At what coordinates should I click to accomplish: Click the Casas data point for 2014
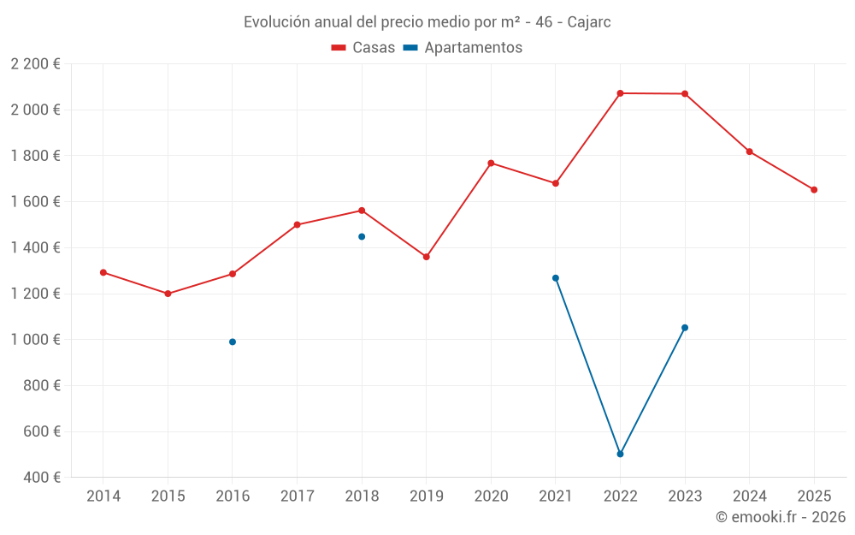point(103,272)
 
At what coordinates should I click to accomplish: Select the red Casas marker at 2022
point(620,93)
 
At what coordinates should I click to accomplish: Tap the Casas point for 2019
point(427,257)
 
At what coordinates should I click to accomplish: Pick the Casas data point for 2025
point(814,190)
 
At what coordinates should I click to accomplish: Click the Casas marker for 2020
point(491,163)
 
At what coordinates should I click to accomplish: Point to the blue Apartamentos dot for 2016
point(233,342)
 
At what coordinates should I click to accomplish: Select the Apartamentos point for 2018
point(362,236)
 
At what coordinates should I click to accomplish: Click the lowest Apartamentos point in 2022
point(620,454)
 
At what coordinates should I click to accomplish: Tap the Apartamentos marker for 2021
point(556,278)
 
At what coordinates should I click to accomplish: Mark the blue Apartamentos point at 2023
point(685,328)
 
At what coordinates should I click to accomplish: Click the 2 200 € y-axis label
point(35,63)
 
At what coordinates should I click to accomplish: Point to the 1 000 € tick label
point(35,339)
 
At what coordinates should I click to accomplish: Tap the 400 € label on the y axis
point(40,477)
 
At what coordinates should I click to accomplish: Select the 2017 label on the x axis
point(297,496)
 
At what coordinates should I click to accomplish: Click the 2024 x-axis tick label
point(749,496)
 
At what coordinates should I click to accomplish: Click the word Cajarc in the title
point(589,22)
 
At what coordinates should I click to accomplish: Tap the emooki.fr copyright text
point(780,517)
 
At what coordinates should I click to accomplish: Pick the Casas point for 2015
point(168,294)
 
